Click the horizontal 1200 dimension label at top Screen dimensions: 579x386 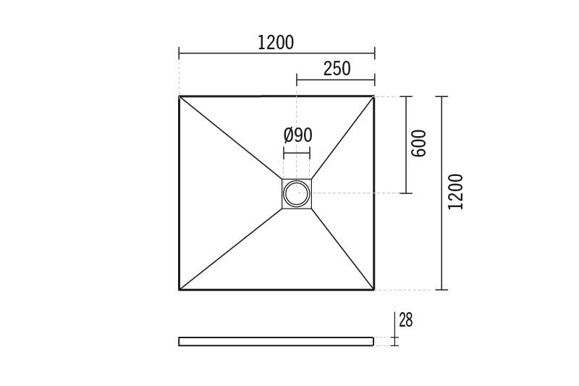point(276,43)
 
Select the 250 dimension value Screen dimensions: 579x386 point(337,69)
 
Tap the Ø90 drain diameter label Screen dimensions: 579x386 point(297,135)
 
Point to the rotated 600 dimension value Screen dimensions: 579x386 point(418,143)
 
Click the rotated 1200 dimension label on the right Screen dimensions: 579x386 point(455,192)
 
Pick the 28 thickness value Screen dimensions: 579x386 point(405,320)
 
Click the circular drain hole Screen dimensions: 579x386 point(297,193)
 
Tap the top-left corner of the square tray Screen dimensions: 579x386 point(179,96)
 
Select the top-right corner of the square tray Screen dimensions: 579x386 point(374,96)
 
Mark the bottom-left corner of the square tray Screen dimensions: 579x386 point(179,290)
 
